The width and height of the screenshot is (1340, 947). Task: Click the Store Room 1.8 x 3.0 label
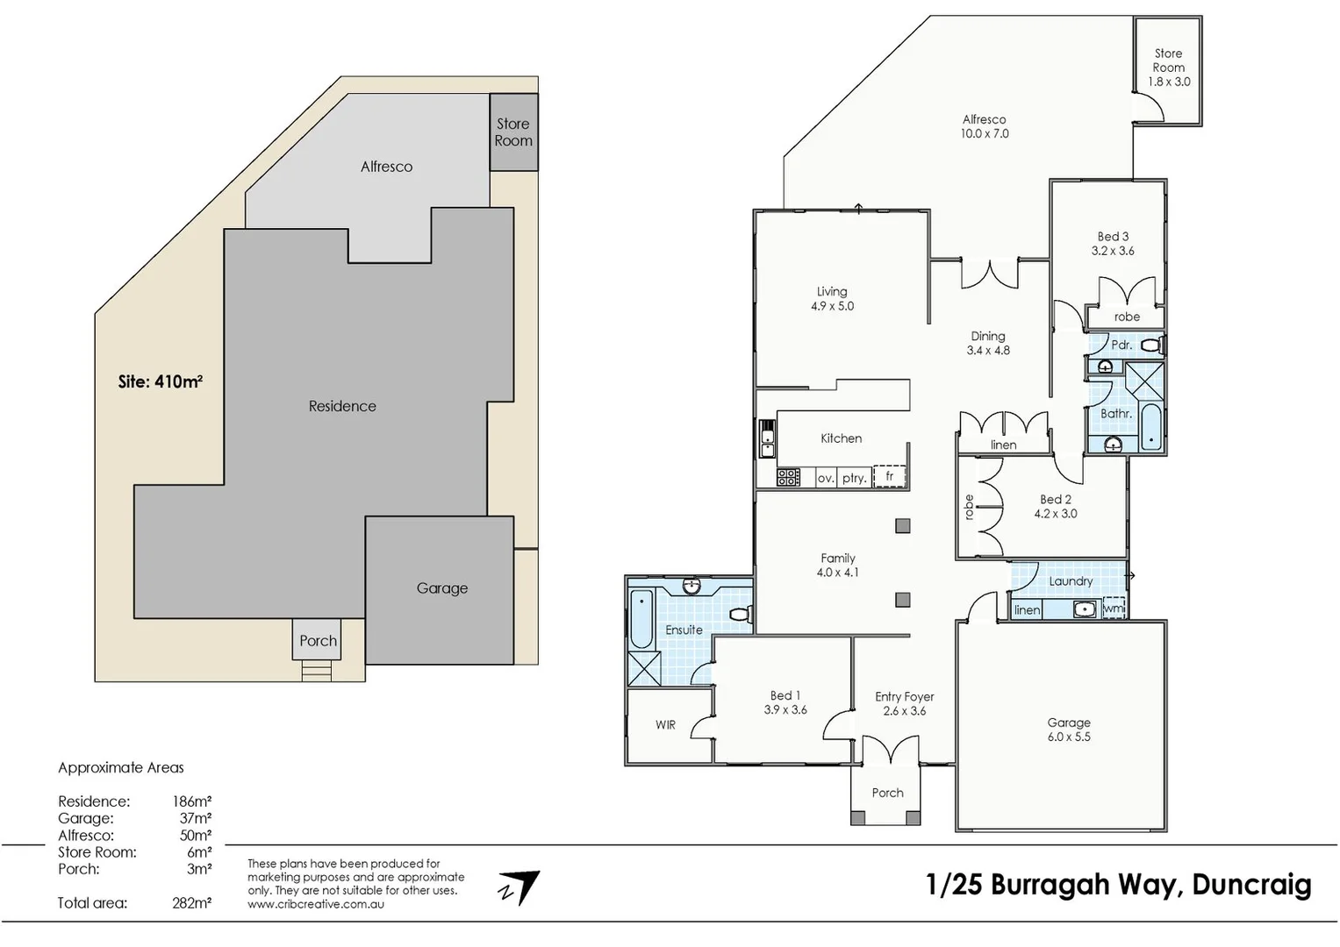click(1169, 68)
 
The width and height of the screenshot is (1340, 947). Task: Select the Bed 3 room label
click(1113, 237)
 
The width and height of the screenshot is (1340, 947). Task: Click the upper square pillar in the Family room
click(903, 526)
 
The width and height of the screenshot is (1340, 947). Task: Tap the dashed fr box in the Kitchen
click(889, 476)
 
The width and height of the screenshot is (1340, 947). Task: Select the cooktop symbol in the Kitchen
click(788, 477)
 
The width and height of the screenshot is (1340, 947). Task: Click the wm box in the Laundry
click(1114, 608)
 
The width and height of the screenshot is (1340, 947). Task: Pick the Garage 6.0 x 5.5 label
click(1069, 730)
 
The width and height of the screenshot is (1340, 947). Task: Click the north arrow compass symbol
click(520, 887)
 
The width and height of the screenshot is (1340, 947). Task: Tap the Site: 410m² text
click(161, 381)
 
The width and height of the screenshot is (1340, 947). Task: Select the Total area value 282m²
click(191, 903)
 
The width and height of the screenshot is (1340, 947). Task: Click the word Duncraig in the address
click(1251, 885)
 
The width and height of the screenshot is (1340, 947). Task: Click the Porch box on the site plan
click(318, 640)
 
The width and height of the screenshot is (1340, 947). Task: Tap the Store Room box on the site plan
click(513, 132)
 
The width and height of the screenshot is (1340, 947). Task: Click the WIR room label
click(665, 725)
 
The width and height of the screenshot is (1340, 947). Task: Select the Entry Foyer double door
click(891, 751)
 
